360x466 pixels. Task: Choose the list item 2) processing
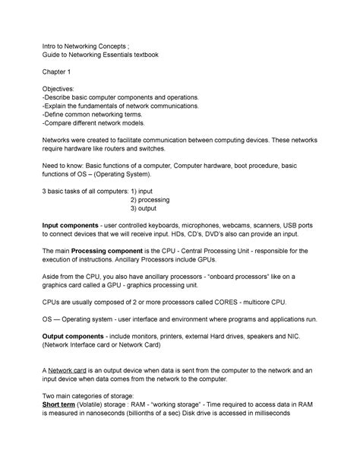point(150,199)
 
